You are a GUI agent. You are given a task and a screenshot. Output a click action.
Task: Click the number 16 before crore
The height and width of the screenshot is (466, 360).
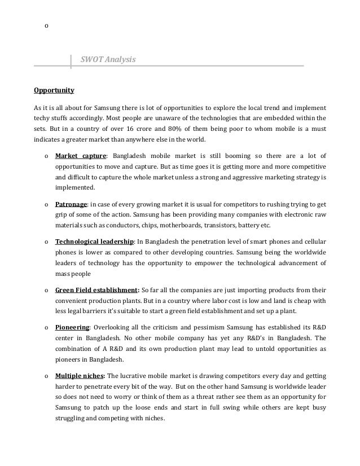tap(157, 129)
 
